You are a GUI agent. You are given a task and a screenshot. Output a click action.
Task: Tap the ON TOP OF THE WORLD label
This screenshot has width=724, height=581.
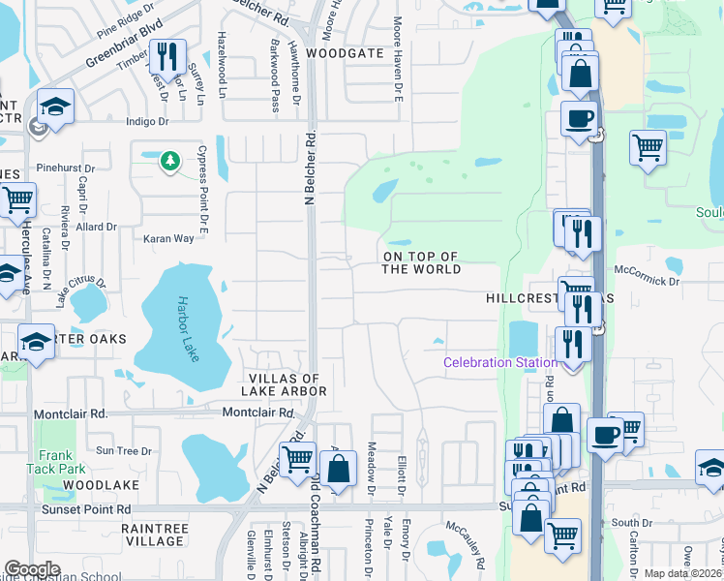(421, 263)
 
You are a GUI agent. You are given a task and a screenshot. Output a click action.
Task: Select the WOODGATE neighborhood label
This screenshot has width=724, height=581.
(346, 53)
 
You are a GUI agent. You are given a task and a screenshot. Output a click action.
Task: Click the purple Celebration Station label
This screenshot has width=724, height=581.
(499, 363)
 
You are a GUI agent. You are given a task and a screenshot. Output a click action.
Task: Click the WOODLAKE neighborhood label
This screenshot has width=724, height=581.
(103, 483)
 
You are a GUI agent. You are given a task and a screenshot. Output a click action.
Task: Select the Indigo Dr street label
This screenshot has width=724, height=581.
(147, 122)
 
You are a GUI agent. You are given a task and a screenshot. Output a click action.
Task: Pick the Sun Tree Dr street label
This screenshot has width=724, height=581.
(124, 451)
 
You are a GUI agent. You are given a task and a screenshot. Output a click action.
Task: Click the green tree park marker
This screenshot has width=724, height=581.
(170, 160)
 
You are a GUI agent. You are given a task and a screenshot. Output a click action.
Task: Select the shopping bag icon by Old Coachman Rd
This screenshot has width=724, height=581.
(338, 469)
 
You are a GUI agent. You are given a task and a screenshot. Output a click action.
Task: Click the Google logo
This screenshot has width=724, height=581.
(33, 569)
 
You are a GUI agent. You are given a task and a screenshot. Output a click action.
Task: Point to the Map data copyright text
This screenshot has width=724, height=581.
(683, 573)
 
